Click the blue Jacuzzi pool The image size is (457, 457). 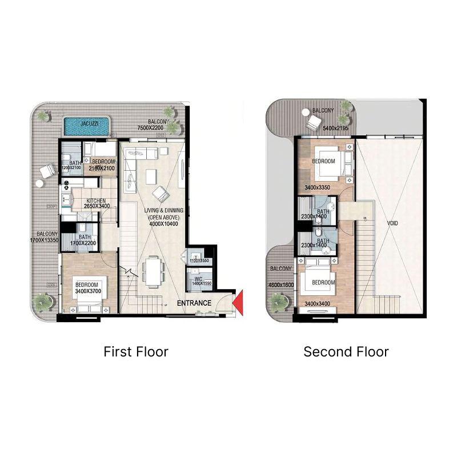tap(86, 126)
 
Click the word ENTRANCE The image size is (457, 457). tap(194, 303)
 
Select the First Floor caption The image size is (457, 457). tap(136, 351)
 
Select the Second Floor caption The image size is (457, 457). tap(346, 351)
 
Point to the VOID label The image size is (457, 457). tap(392, 223)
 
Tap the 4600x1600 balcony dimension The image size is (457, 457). tap(280, 284)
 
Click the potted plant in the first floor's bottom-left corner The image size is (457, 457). tap(42, 300)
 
